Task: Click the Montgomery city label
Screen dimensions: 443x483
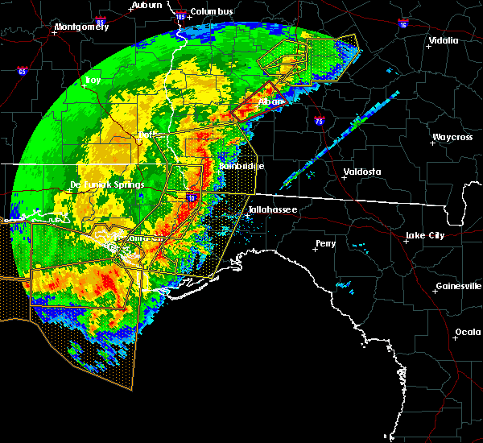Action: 80,27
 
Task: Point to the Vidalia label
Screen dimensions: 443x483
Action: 443,39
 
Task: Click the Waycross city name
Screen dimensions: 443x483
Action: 451,137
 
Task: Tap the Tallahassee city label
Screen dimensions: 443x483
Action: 272,209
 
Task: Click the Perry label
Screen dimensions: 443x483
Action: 325,242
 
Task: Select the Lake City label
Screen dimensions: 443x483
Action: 424,235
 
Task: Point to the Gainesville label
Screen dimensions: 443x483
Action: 459,286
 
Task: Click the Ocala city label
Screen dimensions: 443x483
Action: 468,332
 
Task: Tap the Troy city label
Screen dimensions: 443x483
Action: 94,81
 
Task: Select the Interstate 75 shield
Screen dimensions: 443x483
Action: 320,121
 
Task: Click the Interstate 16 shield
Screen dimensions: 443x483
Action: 402,25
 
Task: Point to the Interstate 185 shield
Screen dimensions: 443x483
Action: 180,15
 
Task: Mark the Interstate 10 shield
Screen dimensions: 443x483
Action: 192,196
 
